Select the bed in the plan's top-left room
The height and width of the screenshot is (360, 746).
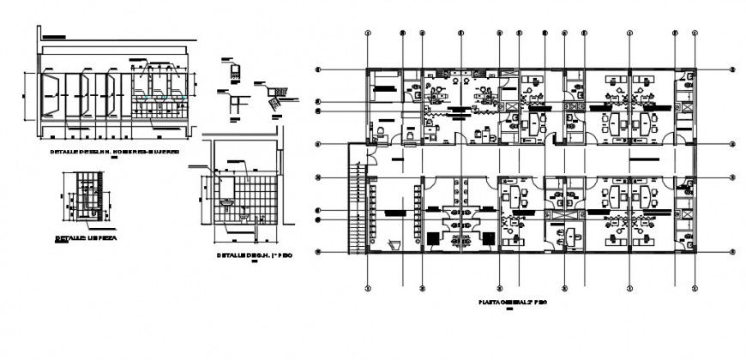pos(384,84)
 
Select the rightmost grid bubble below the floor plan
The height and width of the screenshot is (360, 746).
pos(694,287)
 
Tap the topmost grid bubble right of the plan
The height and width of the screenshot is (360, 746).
pos(731,69)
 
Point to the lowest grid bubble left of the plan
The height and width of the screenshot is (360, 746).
pos(317,252)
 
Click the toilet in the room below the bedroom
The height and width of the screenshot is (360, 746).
pos(378,130)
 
